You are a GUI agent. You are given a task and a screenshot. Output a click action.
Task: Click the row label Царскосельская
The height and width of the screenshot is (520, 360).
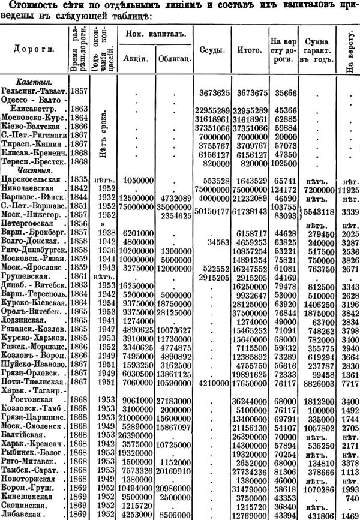(34, 179)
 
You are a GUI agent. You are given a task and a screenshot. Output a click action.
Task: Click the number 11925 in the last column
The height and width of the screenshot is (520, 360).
(348, 188)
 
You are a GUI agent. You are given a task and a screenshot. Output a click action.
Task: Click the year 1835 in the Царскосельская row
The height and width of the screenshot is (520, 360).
(77, 179)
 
